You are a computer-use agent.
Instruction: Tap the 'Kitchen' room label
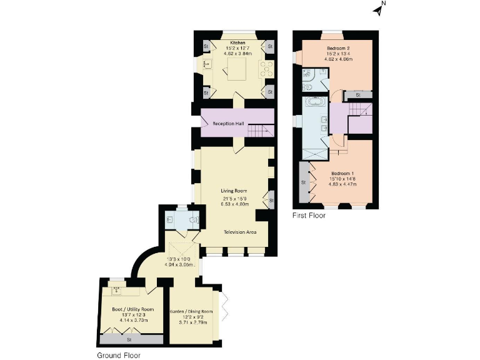(236, 43)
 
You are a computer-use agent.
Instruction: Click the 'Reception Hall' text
(227, 124)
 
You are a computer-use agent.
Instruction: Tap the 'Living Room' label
(234, 191)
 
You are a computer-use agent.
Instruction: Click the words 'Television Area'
(240, 232)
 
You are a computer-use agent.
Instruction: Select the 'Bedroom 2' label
(337, 47)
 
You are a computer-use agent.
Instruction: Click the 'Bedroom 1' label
(342, 173)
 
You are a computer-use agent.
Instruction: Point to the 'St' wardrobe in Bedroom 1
(304, 182)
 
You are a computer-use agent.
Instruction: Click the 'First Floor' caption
(309, 216)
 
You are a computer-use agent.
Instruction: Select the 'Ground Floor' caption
(118, 354)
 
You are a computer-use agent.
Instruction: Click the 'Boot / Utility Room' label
(132, 309)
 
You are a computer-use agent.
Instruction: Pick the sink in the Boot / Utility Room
(116, 289)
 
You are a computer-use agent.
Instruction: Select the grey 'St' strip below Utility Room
(129, 340)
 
